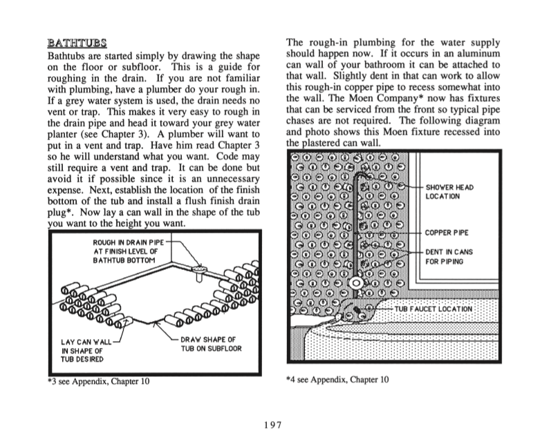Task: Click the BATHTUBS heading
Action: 77,43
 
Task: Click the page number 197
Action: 273,425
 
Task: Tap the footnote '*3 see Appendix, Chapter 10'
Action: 99,381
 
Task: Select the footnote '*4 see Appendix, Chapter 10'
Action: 337,380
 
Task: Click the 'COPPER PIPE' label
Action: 447,233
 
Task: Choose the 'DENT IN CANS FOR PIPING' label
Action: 449,257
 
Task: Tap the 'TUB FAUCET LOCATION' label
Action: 434,309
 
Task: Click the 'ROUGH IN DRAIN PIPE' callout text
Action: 125,251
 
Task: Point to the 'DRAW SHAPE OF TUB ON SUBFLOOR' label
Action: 211,344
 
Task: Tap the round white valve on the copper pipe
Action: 355,283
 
